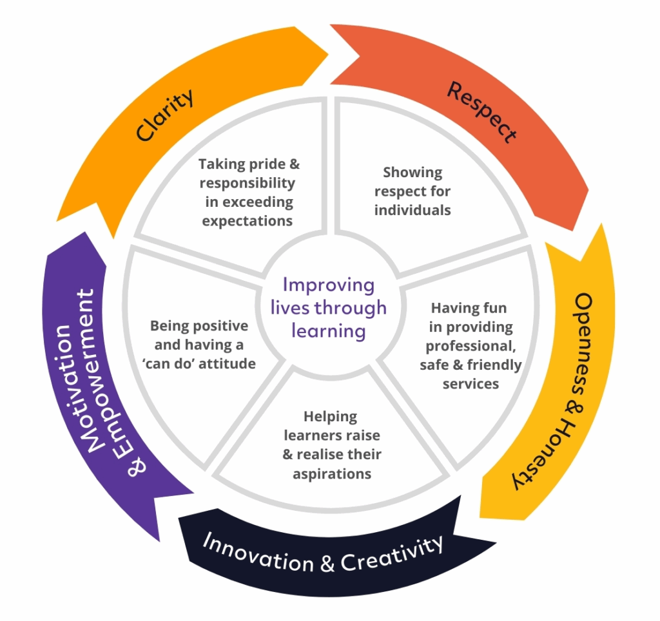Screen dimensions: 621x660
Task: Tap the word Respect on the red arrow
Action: click(482, 112)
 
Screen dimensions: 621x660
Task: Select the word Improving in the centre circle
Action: click(329, 285)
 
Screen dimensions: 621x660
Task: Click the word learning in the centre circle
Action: click(329, 331)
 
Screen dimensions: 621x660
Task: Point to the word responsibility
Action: click(247, 183)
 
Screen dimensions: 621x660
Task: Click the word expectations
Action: click(247, 221)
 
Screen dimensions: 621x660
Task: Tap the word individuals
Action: click(412, 210)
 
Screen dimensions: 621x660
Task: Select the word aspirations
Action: click(333, 473)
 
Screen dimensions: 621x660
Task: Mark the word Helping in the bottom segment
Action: click(331, 417)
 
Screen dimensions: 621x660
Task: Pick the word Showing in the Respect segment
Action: click(412, 173)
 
